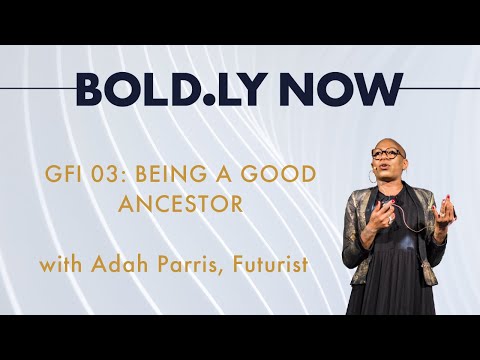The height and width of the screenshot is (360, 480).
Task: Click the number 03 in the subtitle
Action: coord(118,174)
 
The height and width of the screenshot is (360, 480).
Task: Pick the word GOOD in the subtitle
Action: coord(281,174)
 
